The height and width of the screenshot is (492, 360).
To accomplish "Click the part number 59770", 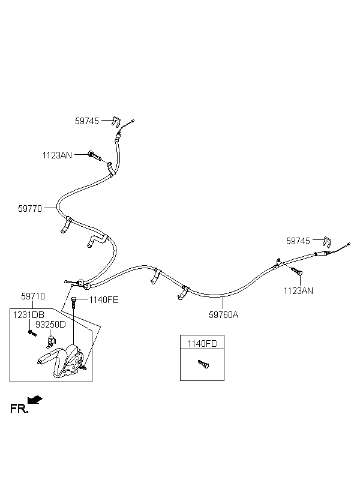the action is pos(30,209).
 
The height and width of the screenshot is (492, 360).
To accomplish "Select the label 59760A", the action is pos(223,315).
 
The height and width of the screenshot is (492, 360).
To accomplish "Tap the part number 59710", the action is pos(33,296).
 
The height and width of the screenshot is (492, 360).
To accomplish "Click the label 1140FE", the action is pos(104,300).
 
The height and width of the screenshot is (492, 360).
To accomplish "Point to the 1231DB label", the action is pos(29,315).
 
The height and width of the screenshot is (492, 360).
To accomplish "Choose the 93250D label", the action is pos(50,325).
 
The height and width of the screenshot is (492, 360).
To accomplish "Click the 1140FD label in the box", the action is pos(202,344).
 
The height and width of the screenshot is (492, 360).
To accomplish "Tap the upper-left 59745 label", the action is pos(87,121).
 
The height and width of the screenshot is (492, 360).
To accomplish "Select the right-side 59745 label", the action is pos(298,241).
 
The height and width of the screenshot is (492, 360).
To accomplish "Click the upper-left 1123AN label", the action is pos(57,155).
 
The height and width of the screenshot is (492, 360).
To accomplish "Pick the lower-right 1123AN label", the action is pos(298,291).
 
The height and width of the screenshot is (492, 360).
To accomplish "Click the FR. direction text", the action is pos(19,409).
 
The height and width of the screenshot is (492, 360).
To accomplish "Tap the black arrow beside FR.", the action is pos(35,400).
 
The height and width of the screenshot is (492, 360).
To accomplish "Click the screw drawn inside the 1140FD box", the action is pos(203,364).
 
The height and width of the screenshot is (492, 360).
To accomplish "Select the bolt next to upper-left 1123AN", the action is pos(95,155).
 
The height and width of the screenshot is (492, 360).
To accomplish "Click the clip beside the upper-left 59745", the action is pos(116,122).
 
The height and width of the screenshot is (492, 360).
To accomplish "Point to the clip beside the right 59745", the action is pos(327,242).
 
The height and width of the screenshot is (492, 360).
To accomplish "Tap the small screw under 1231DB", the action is pos(32,333).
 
